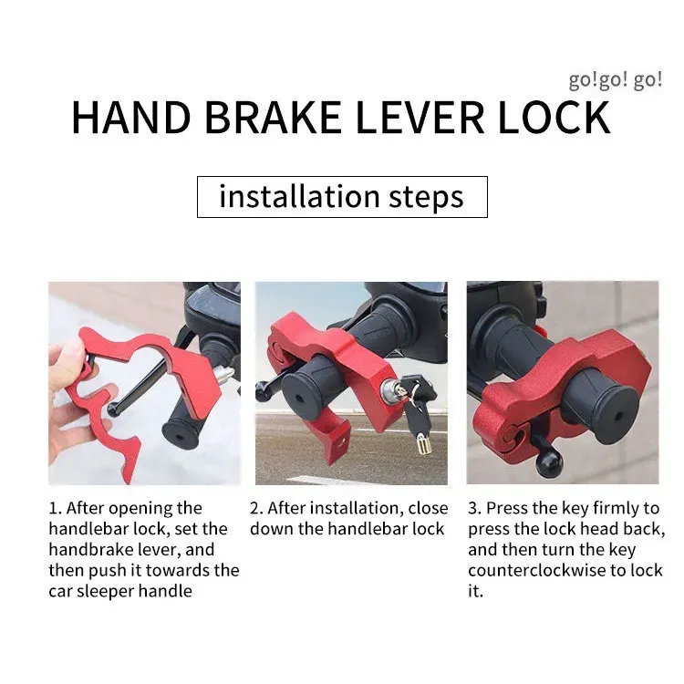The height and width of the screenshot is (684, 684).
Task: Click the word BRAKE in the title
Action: [273, 118]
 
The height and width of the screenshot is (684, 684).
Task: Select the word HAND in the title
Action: [131, 118]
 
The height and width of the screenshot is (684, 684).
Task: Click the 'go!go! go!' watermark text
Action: [616, 80]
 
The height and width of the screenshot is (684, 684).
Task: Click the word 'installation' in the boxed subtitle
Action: [299, 196]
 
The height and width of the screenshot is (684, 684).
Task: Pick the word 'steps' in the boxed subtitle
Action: [426, 198]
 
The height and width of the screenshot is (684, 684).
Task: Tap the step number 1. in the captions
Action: [56, 509]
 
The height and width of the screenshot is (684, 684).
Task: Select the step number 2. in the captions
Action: [256, 509]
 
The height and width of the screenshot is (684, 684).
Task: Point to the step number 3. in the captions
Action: [474, 509]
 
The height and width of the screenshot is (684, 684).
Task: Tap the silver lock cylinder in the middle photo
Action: [389, 390]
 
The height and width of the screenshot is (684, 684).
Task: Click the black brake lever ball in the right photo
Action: [548, 461]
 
